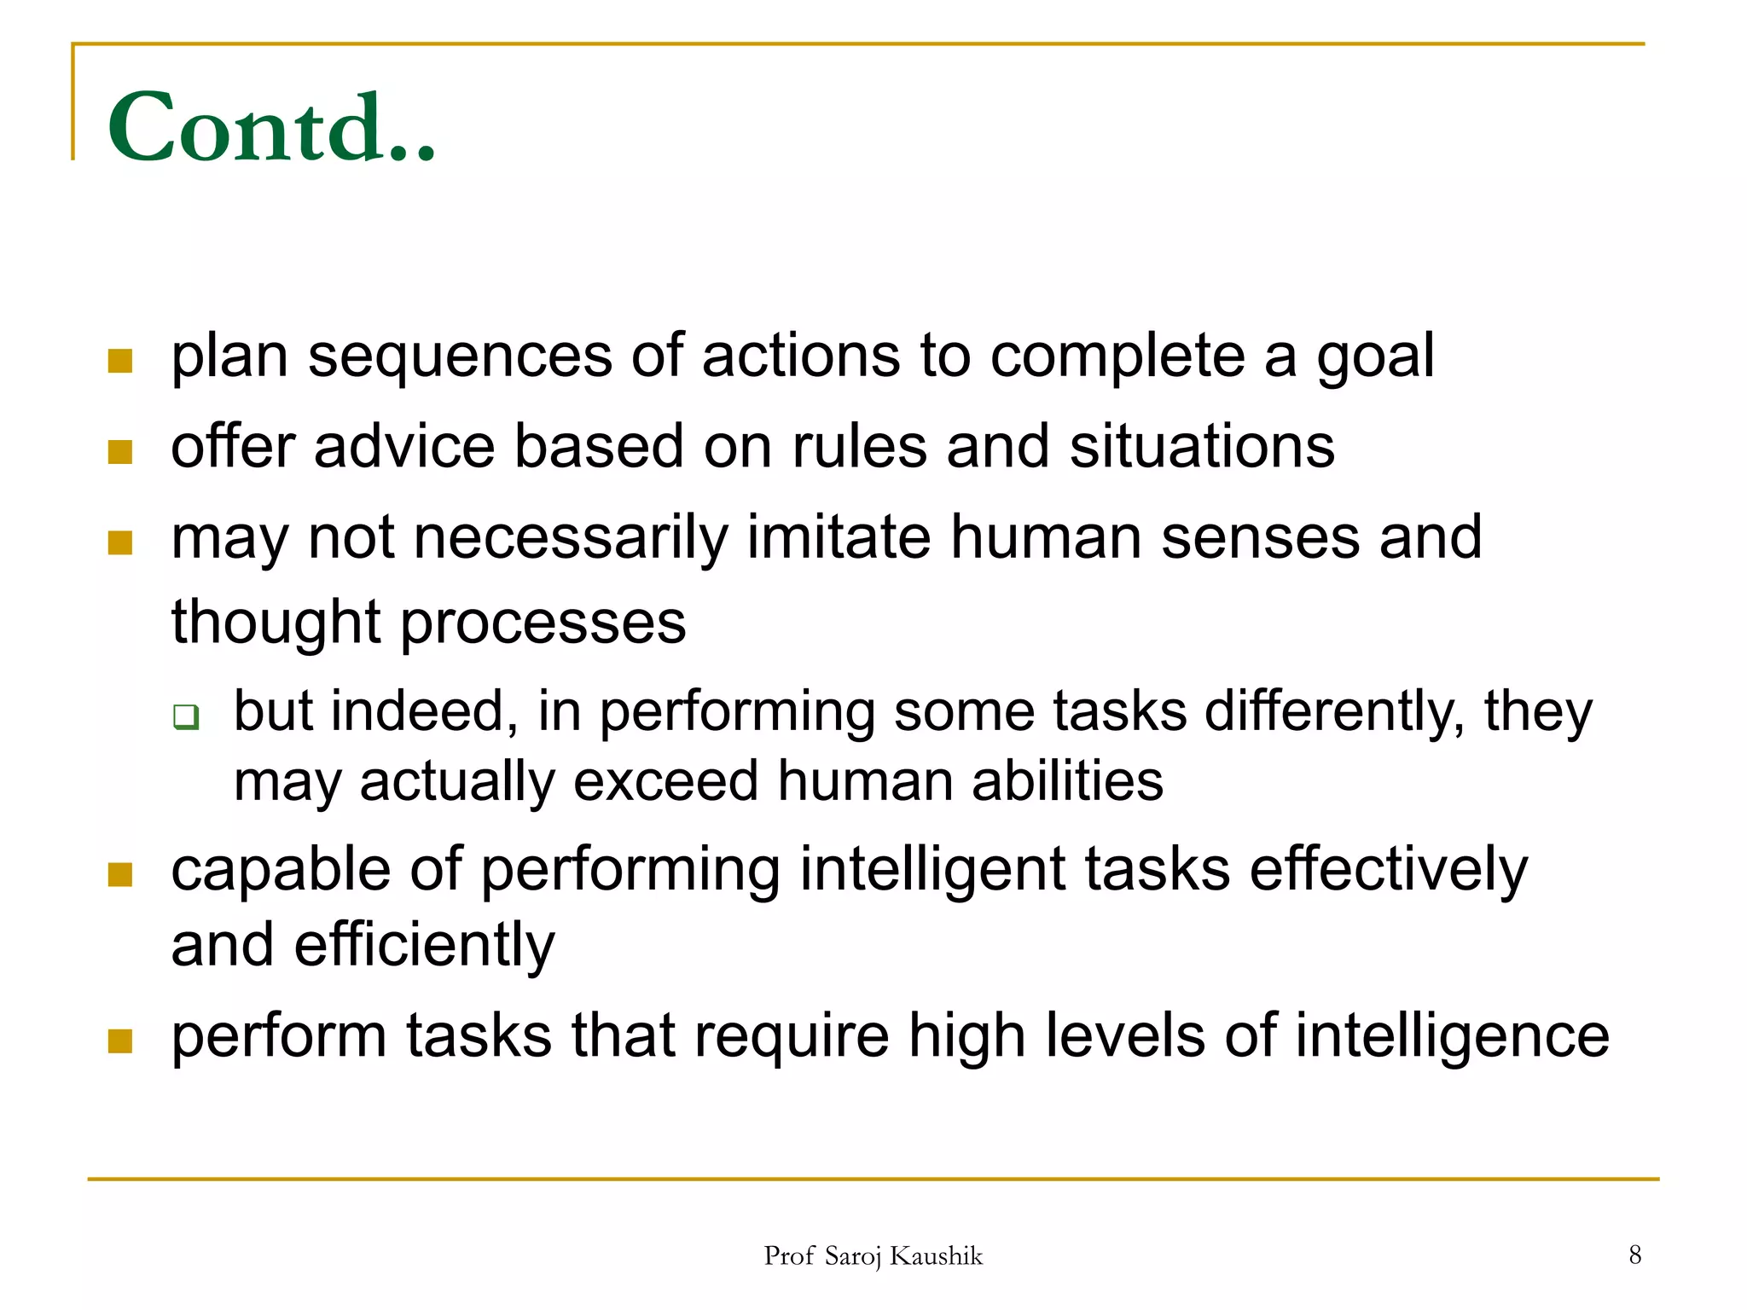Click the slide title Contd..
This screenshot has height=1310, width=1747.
(271, 128)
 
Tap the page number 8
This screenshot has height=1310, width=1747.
(1634, 1255)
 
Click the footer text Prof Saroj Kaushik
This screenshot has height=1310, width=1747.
(873, 1256)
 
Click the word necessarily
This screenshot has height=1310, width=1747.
(571, 539)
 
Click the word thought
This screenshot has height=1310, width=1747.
(275, 623)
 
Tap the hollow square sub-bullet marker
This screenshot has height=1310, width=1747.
(186, 716)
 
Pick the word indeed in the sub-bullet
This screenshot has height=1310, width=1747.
(423, 711)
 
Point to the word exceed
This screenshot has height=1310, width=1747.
(665, 781)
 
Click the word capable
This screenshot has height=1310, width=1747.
(280, 872)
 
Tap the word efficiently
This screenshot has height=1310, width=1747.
(424, 946)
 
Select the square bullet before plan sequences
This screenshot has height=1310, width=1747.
(120, 361)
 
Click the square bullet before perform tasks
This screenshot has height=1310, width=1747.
(120, 1040)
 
